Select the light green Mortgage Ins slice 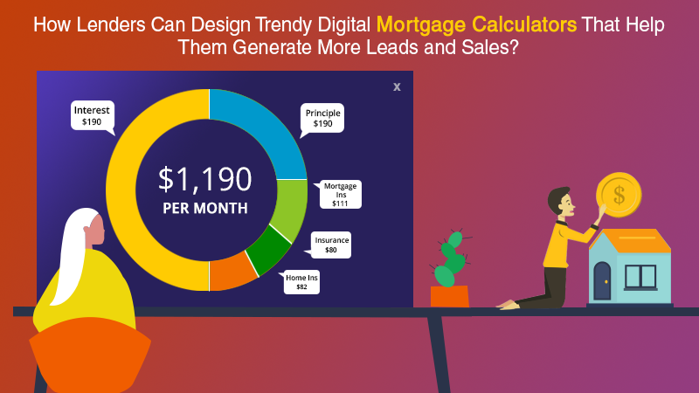coord(290,206)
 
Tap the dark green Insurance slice coord(270,249)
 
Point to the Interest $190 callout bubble coord(93,116)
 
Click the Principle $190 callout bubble coord(322,119)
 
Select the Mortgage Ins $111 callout coord(340,194)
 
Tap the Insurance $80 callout coord(330,245)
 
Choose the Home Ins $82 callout coord(301,282)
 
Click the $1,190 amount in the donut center coord(205,180)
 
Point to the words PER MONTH coord(205,208)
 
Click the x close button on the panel coord(397,86)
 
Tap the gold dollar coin coord(619,195)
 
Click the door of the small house coord(602,280)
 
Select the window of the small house coord(640,277)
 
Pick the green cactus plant coord(451,259)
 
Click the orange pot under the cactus coord(450,296)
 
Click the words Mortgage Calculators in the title coord(476,25)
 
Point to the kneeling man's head coord(561,202)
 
